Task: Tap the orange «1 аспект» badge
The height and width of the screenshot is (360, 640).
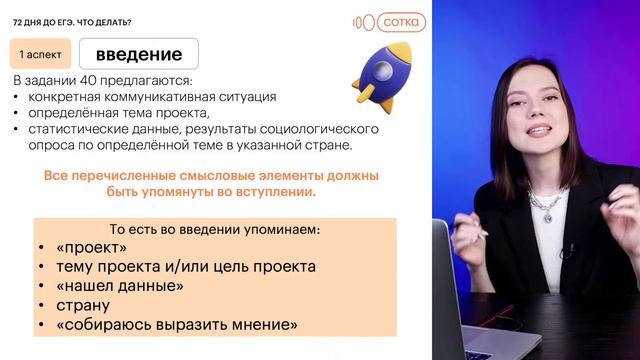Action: tap(38, 54)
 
